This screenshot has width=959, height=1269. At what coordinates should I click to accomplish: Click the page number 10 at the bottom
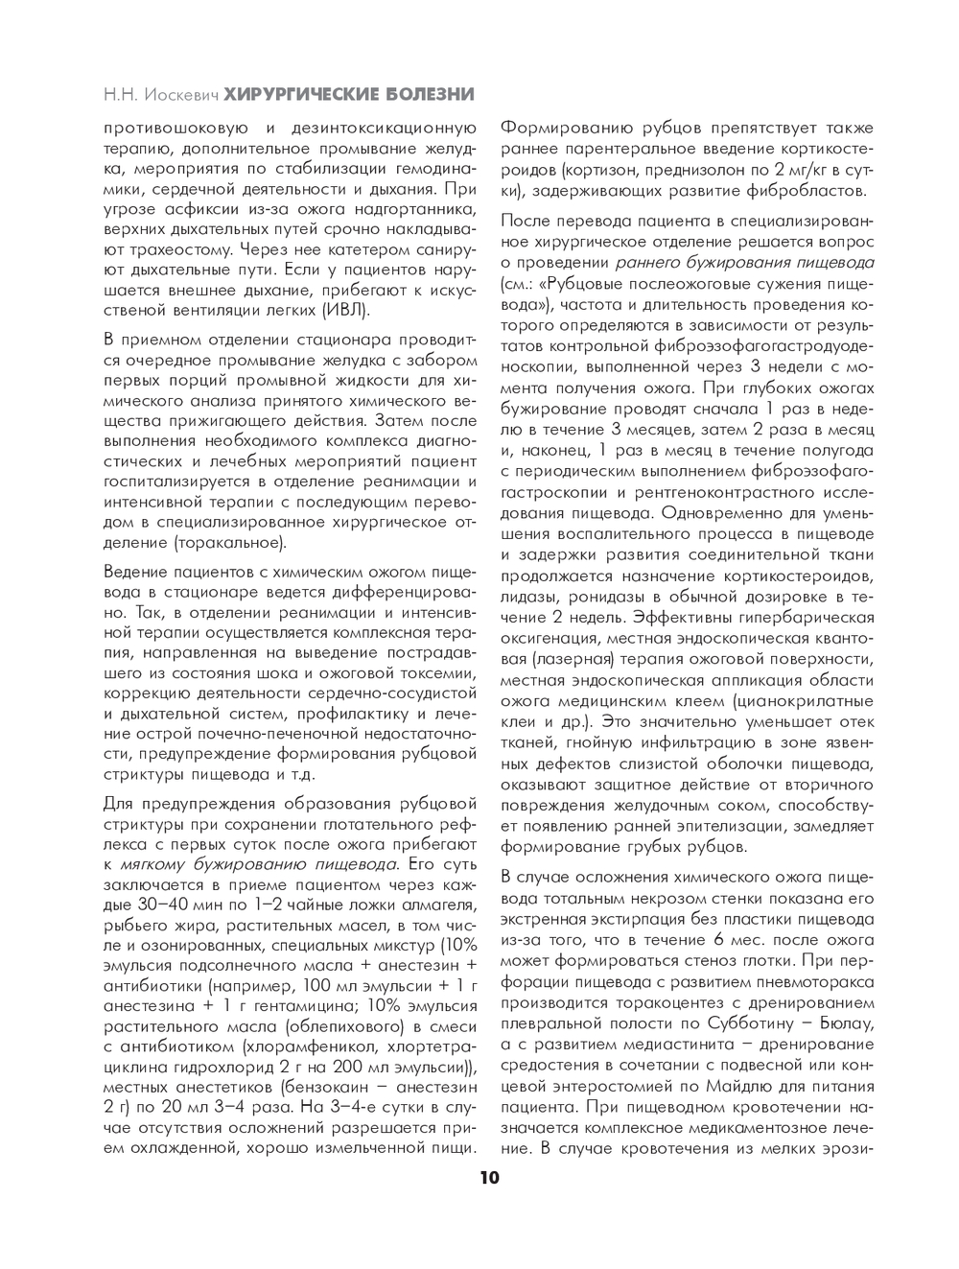point(489,1178)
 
